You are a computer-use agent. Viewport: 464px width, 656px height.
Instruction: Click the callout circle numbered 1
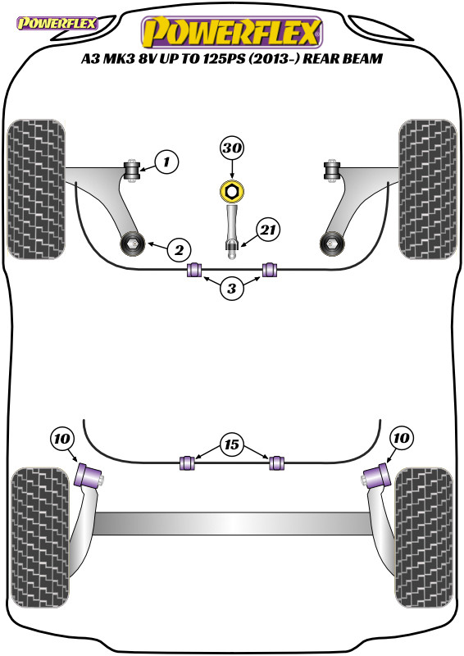(166, 162)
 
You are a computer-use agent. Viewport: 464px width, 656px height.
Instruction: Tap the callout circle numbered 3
(232, 288)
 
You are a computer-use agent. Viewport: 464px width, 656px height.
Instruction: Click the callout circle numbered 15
(232, 447)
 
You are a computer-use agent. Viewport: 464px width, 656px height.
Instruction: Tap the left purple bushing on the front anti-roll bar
(195, 270)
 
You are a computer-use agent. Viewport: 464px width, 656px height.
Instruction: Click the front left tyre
(38, 189)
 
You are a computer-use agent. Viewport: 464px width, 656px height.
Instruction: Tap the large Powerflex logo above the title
(232, 33)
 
